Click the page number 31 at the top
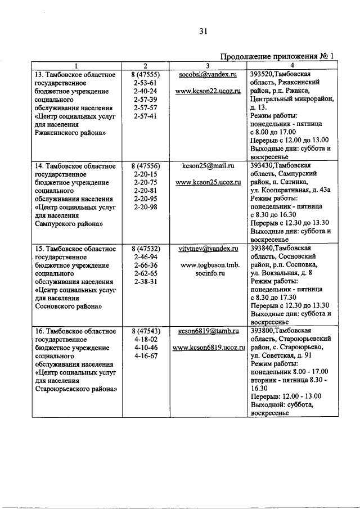click(x=203, y=32)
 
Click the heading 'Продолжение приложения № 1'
click(x=277, y=56)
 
